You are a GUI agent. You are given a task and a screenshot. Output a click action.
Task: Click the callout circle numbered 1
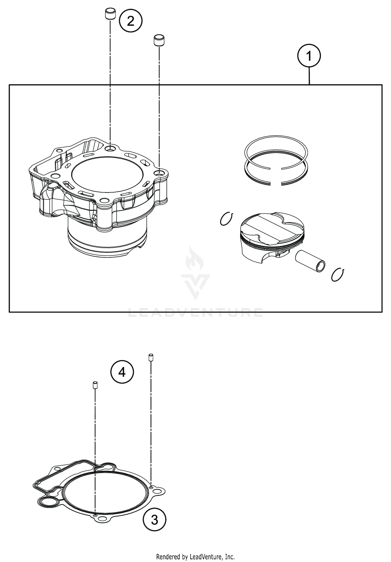(309, 56)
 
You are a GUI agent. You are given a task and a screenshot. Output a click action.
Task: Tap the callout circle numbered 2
(131, 21)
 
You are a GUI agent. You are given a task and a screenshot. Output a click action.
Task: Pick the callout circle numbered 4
(122, 372)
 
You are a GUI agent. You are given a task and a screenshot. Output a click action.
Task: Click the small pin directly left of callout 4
(95, 385)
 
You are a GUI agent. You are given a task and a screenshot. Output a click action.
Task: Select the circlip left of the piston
(226, 219)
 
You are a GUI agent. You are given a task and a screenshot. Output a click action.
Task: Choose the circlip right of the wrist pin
(338, 275)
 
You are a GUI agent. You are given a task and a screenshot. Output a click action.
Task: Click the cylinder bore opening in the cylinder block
(107, 174)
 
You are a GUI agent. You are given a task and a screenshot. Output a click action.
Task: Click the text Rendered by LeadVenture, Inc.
(195, 557)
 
